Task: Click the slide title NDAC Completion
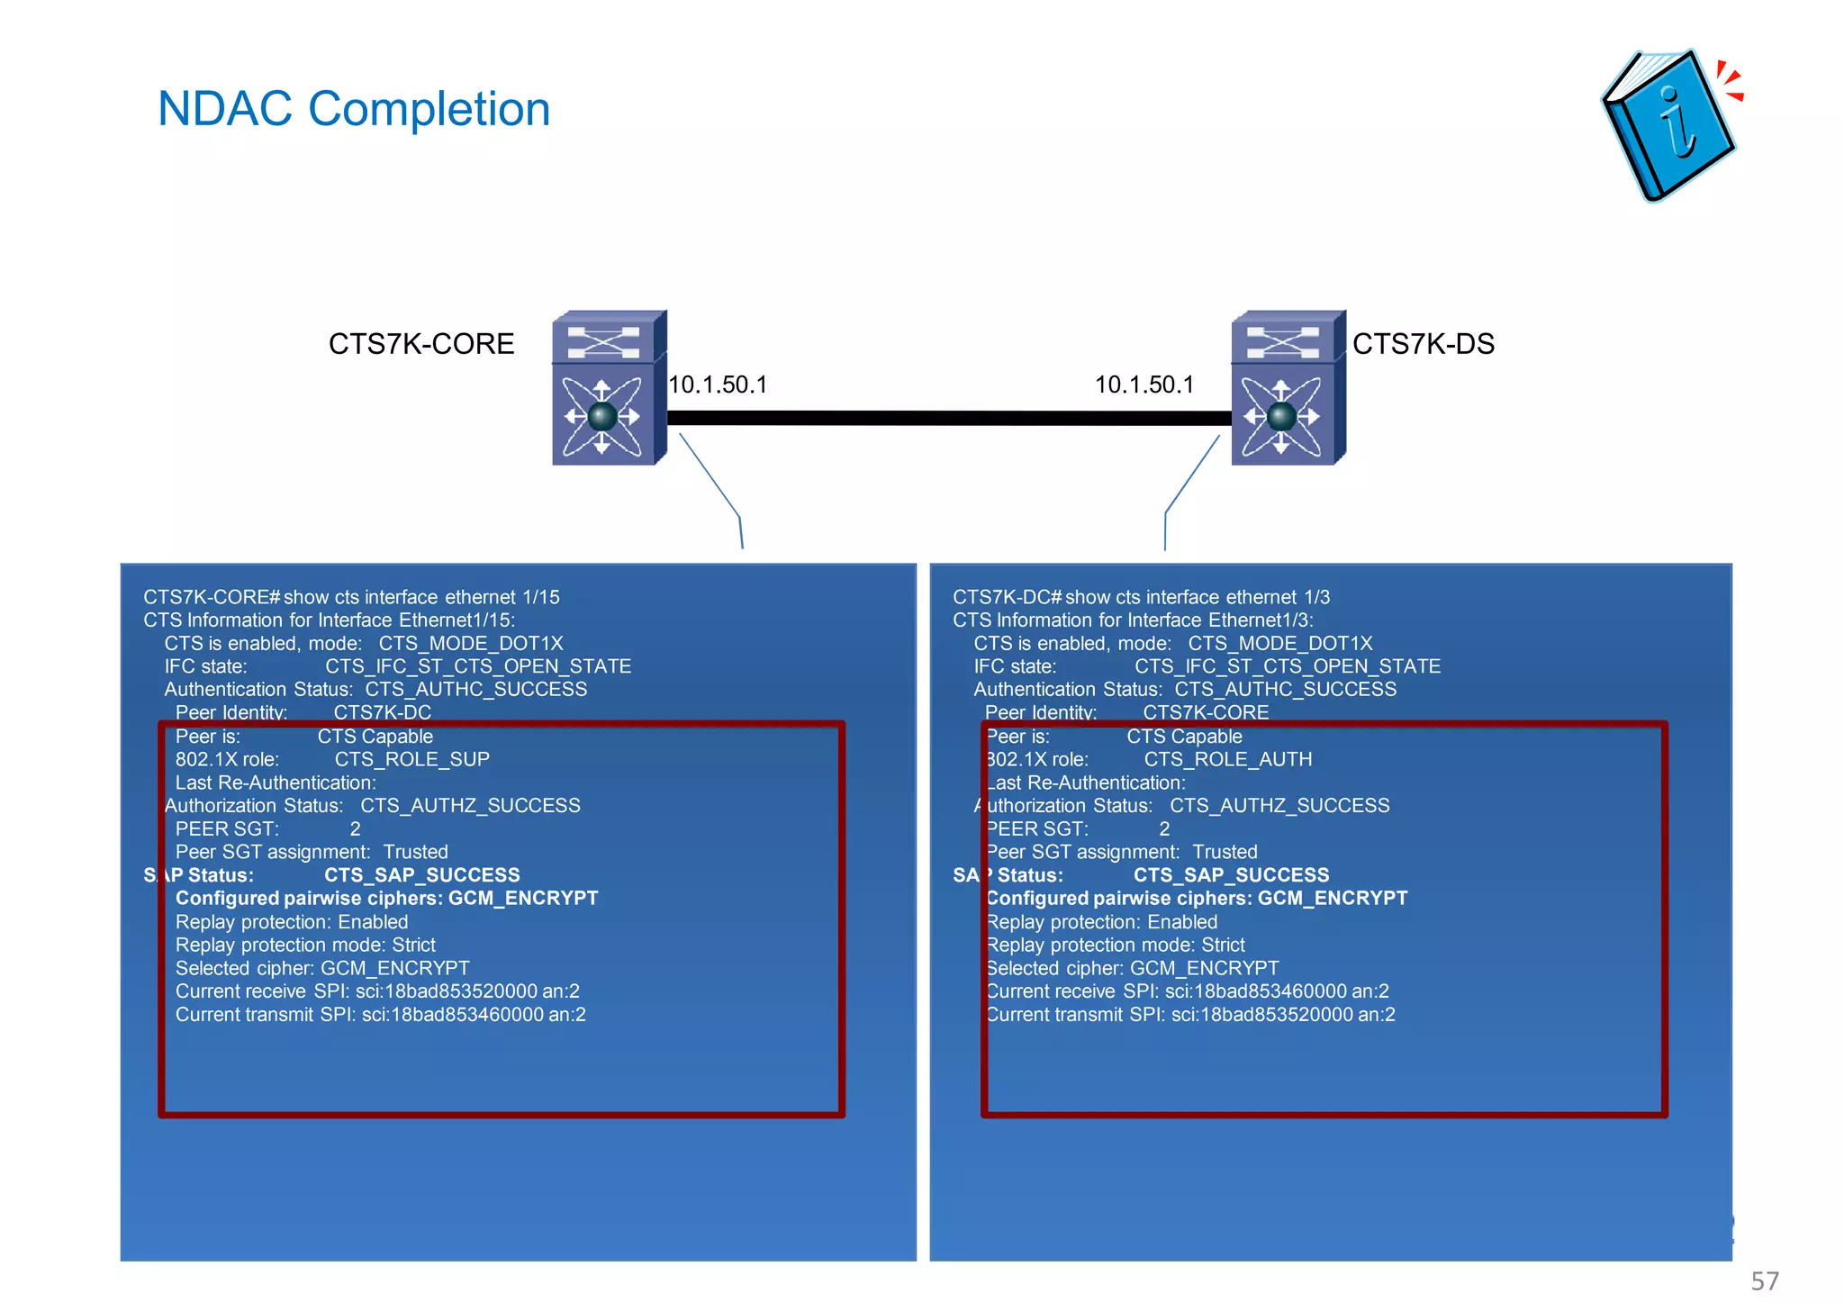coord(353,109)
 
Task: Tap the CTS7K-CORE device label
coord(420,344)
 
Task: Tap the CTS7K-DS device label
coord(1423,344)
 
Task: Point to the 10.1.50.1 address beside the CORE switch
coord(718,385)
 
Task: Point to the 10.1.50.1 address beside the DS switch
coord(1143,385)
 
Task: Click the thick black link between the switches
coord(949,419)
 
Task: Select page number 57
coord(1764,1280)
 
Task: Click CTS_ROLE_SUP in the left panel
coord(411,760)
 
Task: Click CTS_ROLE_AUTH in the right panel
coord(1227,760)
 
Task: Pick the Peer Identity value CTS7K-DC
coord(383,712)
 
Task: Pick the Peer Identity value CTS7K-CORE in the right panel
coord(1206,712)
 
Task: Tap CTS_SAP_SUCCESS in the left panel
coord(421,875)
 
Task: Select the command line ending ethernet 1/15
coord(351,598)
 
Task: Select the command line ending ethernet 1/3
coord(1141,598)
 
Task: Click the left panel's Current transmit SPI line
coord(380,1015)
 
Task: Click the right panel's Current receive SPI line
coord(1188,991)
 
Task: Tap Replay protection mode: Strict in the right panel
coord(1116,946)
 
